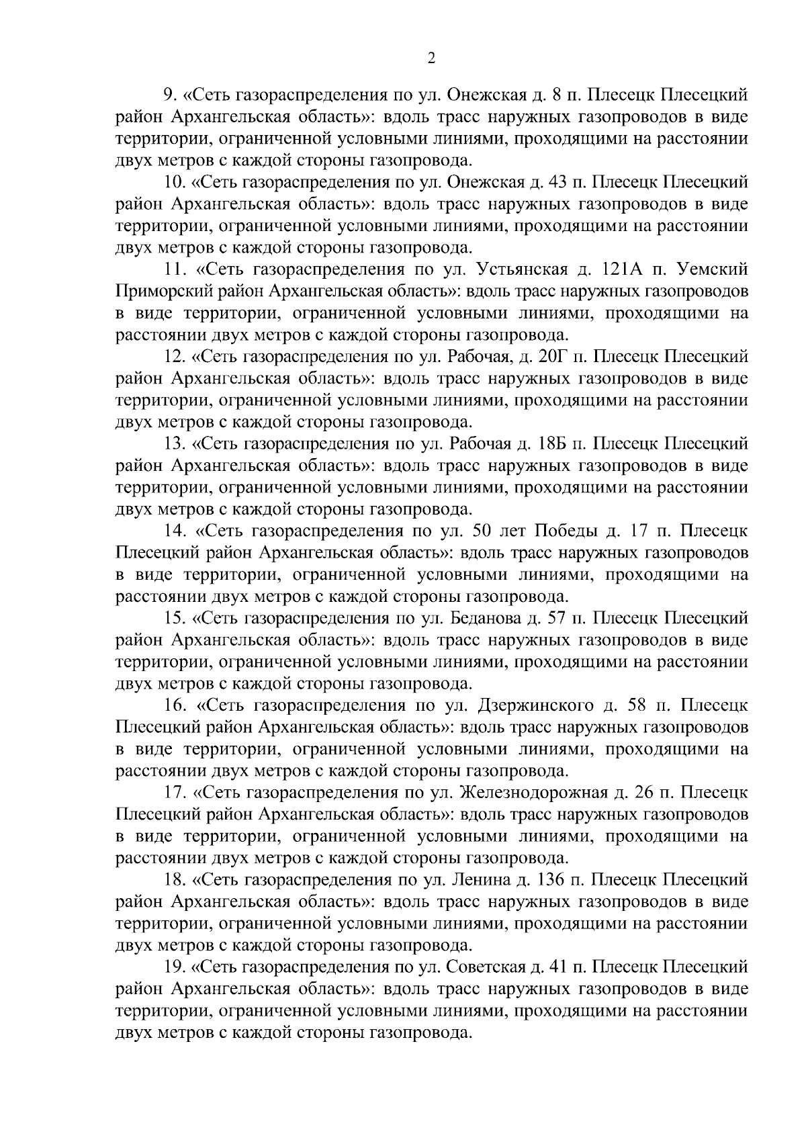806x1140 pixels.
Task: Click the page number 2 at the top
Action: tap(431, 58)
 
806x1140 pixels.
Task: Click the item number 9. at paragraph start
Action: tap(171, 95)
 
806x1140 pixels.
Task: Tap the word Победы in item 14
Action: tap(564, 531)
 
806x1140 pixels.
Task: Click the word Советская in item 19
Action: tap(483, 967)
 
